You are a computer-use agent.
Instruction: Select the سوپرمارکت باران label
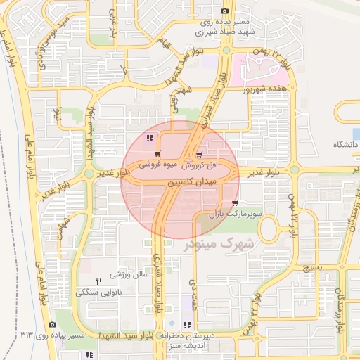coord(238,212)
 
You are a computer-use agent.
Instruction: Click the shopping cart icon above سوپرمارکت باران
coord(224,203)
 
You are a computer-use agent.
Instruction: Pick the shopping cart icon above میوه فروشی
coord(157,155)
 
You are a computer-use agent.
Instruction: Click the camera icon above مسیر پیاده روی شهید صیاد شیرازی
coord(224,11)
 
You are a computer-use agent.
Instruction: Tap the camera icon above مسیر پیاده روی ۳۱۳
coord(52,324)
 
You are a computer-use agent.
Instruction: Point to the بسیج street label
coord(311,268)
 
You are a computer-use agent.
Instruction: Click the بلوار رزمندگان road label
coord(340,314)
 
